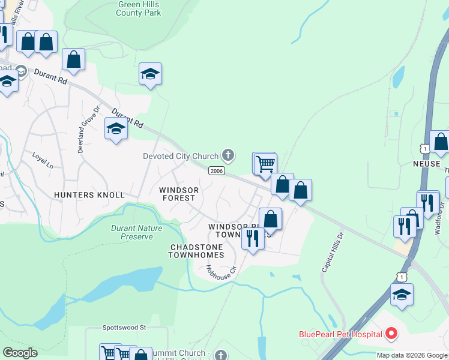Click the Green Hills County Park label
[138, 8]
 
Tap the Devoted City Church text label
[181, 156]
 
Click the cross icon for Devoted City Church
[228, 155]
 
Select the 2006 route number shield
[217, 171]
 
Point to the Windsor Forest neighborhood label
[178, 194]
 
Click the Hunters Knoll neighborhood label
[89, 195]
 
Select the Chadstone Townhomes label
[196, 251]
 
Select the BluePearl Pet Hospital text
[340, 334]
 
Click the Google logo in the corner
[20, 353]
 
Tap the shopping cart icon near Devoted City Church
[265, 163]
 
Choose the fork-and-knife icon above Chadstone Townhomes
[252, 238]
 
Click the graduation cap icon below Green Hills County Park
[150, 74]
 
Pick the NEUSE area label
[427, 164]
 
